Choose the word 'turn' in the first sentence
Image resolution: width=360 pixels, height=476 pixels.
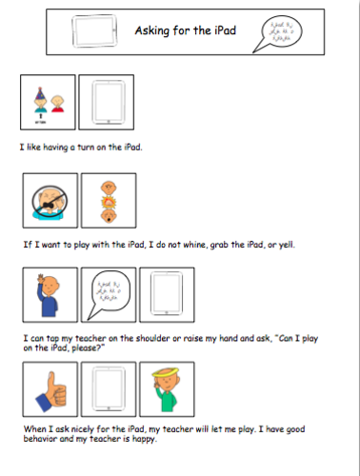90,148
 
